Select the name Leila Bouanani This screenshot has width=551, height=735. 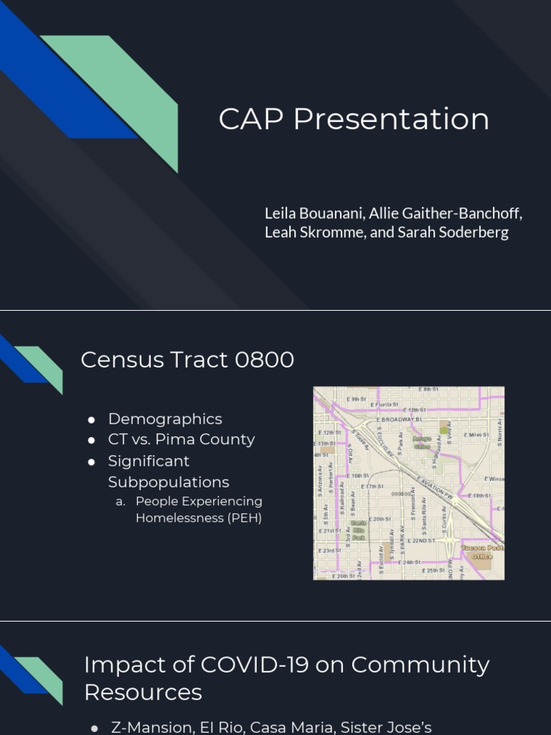pyautogui.click(x=313, y=213)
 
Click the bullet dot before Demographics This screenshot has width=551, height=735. pyautogui.click(x=92, y=420)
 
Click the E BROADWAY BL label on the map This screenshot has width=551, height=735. pyautogui.click(x=400, y=418)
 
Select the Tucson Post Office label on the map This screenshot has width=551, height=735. pyautogui.click(x=482, y=551)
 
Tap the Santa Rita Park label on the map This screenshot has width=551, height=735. pyautogui.click(x=358, y=530)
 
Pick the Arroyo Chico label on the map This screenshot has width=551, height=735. pyautogui.click(x=422, y=442)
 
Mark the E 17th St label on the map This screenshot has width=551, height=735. pyautogui.click(x=373, y=487)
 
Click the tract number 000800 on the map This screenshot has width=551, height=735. pyautogui.click(x=401, y=494)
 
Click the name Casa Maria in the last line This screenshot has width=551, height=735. pyautogui.click(x=293, y=727)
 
